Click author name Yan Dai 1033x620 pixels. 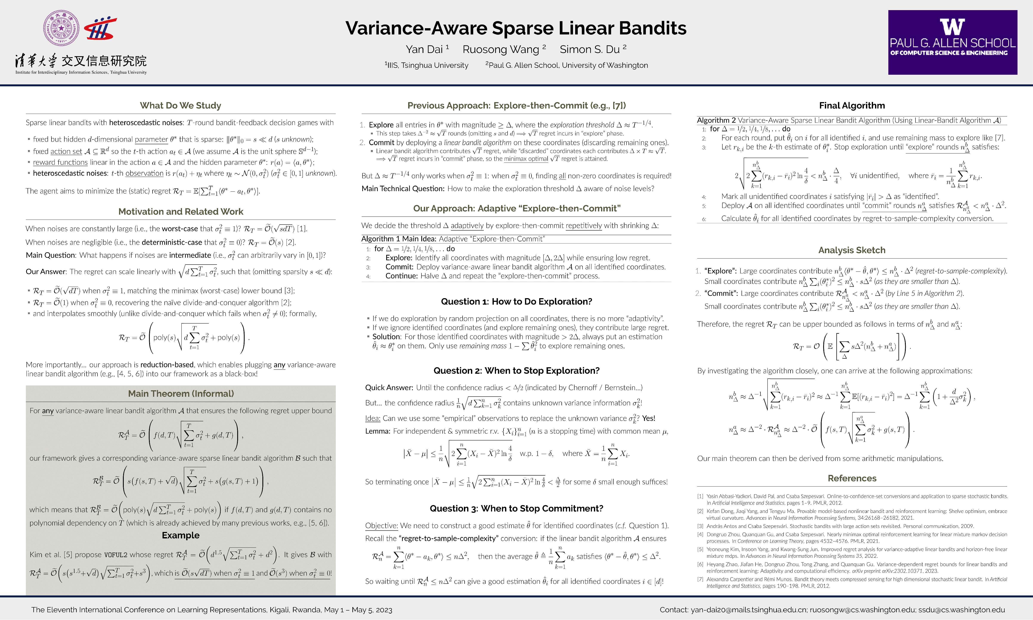[x=424, y=49]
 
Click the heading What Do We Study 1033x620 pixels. [x=180, y=105]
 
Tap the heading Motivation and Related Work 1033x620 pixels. [x=180, y=211]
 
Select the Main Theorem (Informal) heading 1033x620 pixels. [x=180, y=394]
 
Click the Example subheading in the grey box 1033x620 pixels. [x=180, y=535]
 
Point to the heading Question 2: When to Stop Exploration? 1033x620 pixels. [x=516, y=370]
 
